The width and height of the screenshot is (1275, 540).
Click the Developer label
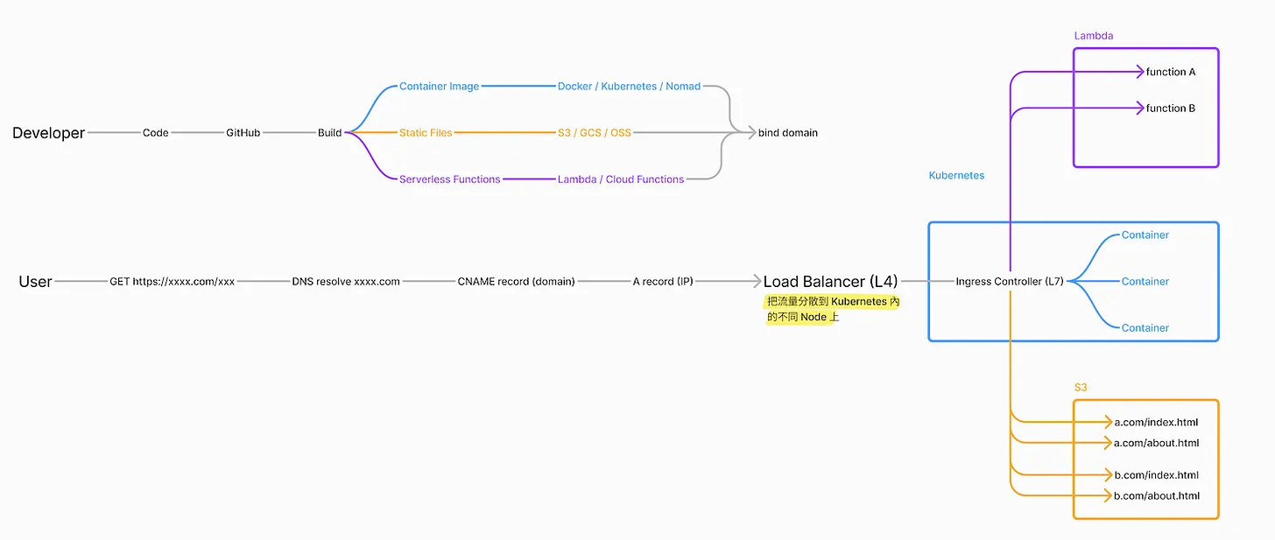pyautogui.click(x=49, y=133)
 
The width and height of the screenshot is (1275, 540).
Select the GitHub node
pyautogui.click(x=243, y=133)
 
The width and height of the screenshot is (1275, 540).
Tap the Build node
pyautogui.click(x=329, y=133)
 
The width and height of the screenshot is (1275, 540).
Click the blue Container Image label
pyautogui.click(x=439, y=87)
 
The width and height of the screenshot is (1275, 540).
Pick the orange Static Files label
pyautogui.click(x=426, y=133)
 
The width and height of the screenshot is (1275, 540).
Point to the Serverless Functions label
pyautogui.click(x=450, y=179)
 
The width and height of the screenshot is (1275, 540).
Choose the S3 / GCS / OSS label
pyautogui.click(x=594, y=133)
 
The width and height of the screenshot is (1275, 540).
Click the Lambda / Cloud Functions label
pyautogui.click(x=621, y=179)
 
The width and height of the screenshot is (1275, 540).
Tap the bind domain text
pyautogui.click(x=788, y=133)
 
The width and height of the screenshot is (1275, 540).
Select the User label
pyautogui.click(x=36, y=282)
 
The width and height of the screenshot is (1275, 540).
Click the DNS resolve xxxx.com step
pyautogui.click(x=346, y=282)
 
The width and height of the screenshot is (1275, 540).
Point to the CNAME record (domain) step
pyautogui.click(x=516, y=282)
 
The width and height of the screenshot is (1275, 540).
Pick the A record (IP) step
pyautogui.click(x=663, y=282)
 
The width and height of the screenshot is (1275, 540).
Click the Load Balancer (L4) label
pyautogui.click(x=830, y=282)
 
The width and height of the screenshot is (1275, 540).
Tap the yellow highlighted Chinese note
pyautogui.click(x=832, y=309)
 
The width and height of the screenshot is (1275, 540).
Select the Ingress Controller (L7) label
pyautogui.click(x=1010, y=282)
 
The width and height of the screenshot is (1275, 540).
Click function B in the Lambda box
pyautogui.click(x=1171, y=109)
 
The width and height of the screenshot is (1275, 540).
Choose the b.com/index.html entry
pyautogui.click(x=1156, y=475)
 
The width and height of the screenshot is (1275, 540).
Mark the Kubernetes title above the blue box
pyautogui.click(x=956, y=176)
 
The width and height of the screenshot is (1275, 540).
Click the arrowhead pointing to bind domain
pyautogui.click(x=750, y=133)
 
